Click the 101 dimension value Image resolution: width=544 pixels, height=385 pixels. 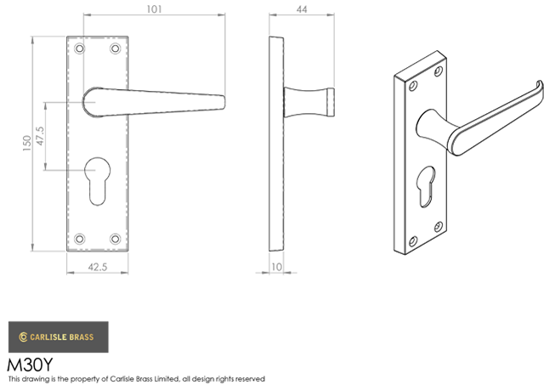154,9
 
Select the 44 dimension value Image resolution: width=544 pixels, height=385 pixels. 302,9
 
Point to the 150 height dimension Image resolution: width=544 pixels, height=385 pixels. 27,143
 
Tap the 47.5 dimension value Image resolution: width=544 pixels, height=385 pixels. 40,136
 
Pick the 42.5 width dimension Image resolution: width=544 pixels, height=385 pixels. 98,267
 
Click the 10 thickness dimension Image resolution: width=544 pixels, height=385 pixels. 276,267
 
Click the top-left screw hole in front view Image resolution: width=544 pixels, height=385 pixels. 80,48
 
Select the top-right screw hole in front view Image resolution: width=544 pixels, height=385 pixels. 116,48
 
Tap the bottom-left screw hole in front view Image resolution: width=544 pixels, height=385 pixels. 80,239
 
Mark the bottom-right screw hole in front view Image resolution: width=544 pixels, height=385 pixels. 116,239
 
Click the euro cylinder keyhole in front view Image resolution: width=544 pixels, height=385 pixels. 98,181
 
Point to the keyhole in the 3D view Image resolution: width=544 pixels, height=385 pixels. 428,187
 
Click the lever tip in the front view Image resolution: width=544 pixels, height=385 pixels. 223,102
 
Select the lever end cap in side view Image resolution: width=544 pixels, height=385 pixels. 331,102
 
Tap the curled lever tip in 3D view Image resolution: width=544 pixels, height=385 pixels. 540,86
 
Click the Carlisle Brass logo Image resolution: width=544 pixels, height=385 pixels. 59,337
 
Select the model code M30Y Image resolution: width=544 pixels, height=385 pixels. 30,365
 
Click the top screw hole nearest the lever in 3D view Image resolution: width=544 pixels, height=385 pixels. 439,71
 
